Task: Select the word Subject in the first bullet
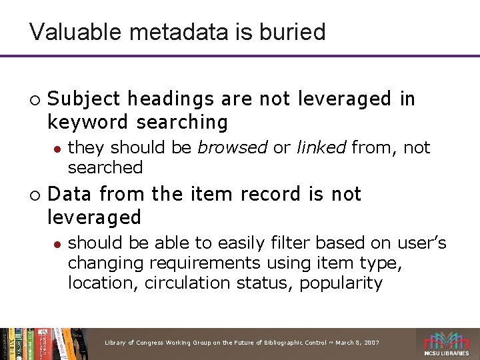point(84,99)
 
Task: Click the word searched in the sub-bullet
point(105,167)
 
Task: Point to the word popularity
point(341,283)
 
